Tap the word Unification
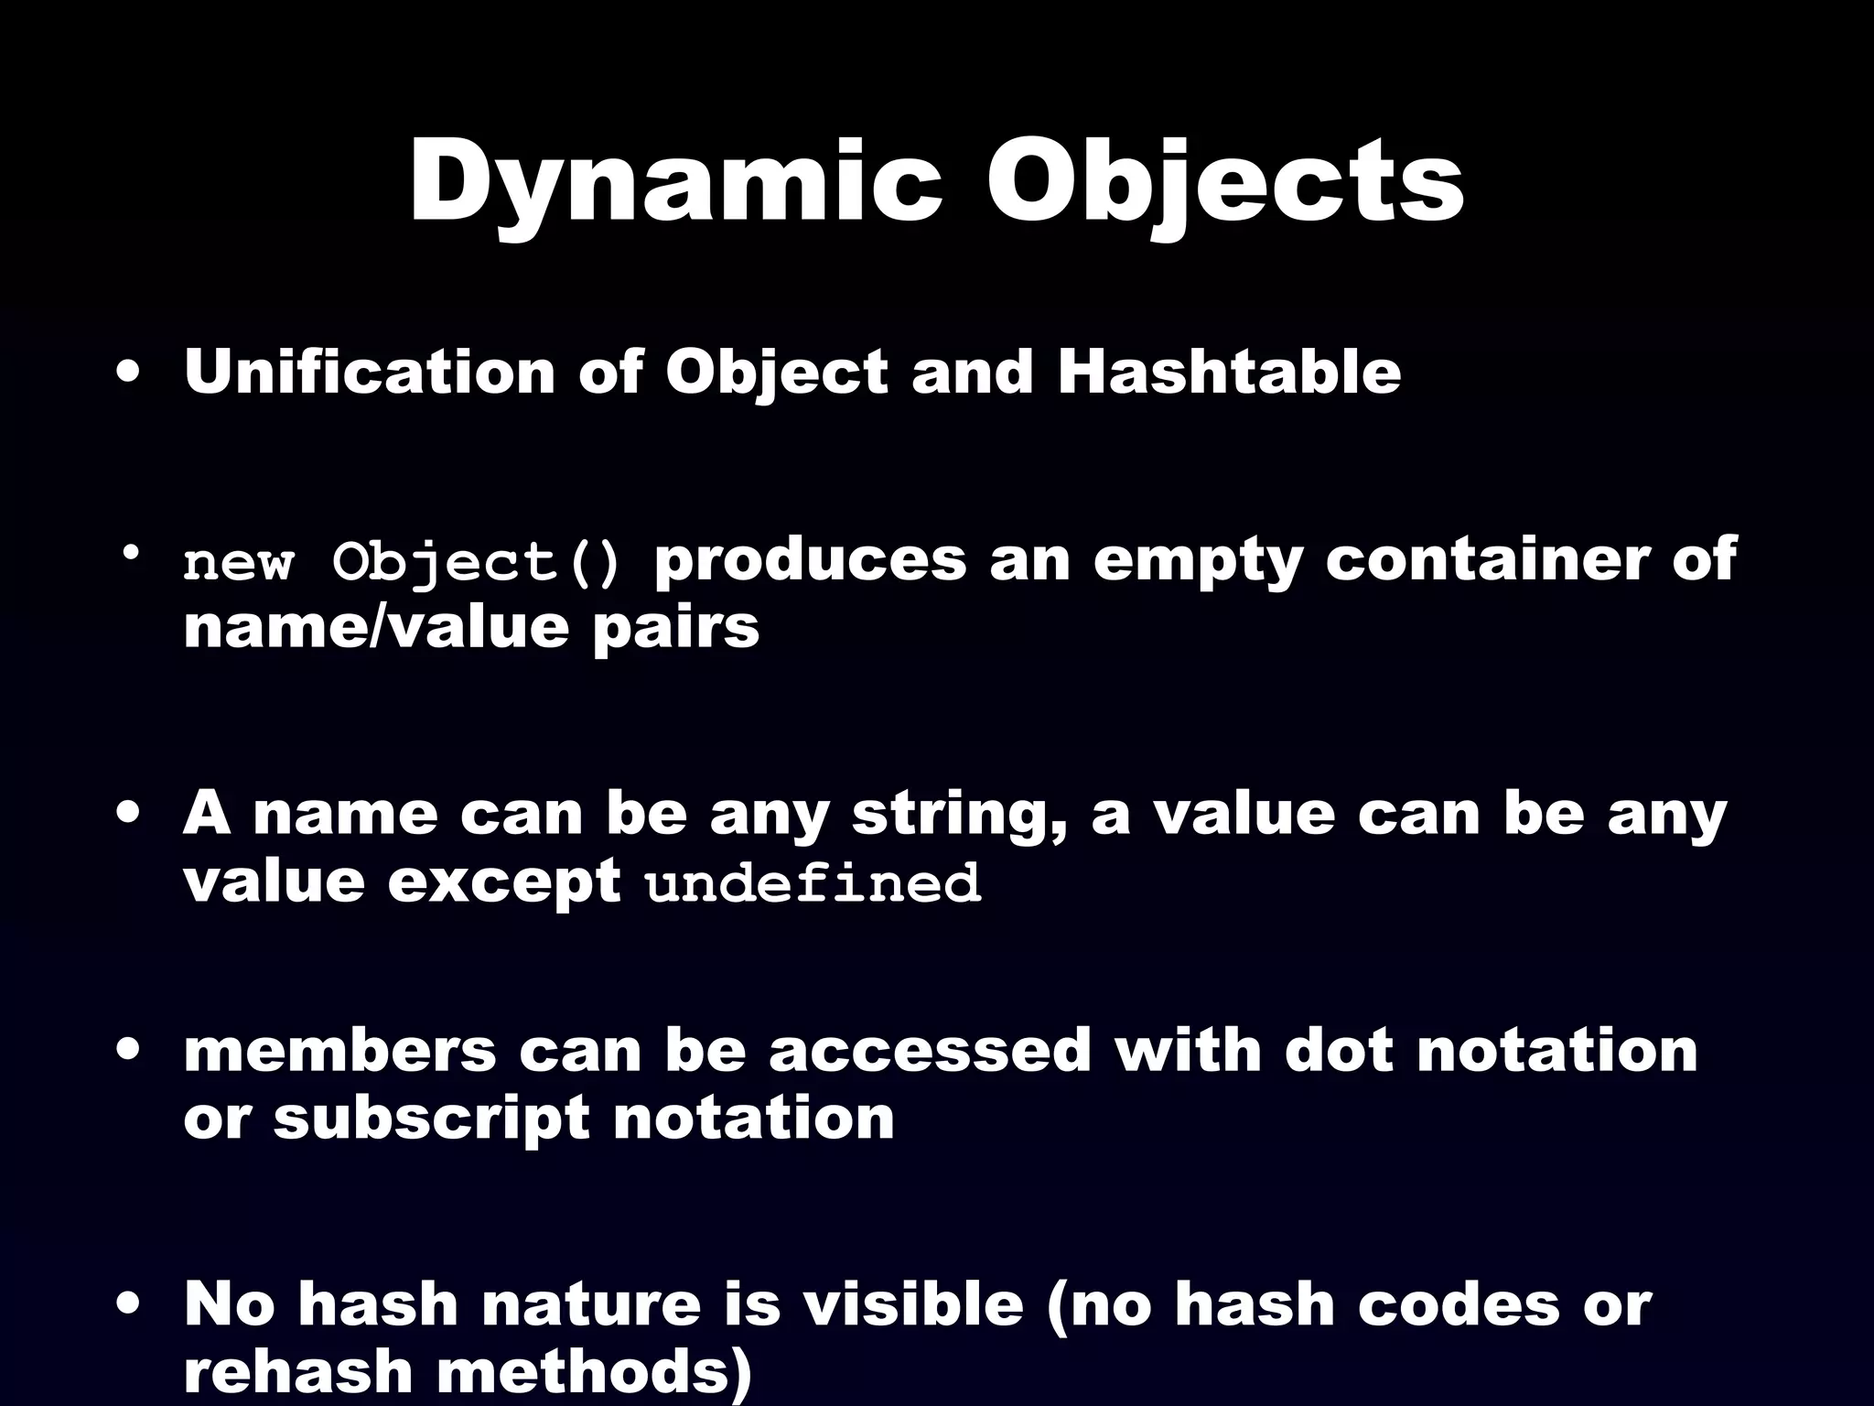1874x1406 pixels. tap(369, 373)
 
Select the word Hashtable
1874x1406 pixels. tap(1228, 373)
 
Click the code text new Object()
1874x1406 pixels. tap(402, 562)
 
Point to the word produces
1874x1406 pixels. tap(810, 560)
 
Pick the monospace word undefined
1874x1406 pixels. tap(813, 884)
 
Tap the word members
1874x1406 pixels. tap(339, 1050)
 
